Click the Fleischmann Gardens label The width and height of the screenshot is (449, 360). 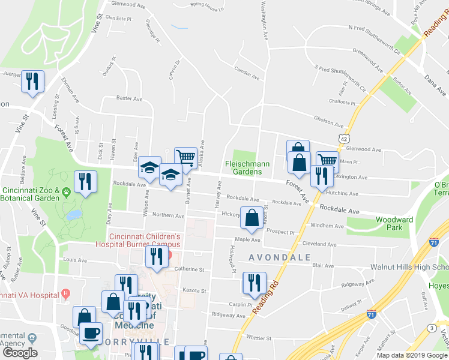(247, 167)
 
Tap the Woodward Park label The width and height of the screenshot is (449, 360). (394, 224)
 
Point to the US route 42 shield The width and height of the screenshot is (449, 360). (343, 139)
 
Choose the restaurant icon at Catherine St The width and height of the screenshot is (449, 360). (156, 256)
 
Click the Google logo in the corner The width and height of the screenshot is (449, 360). (20, 353)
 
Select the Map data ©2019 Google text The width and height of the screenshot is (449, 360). (411, 355)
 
